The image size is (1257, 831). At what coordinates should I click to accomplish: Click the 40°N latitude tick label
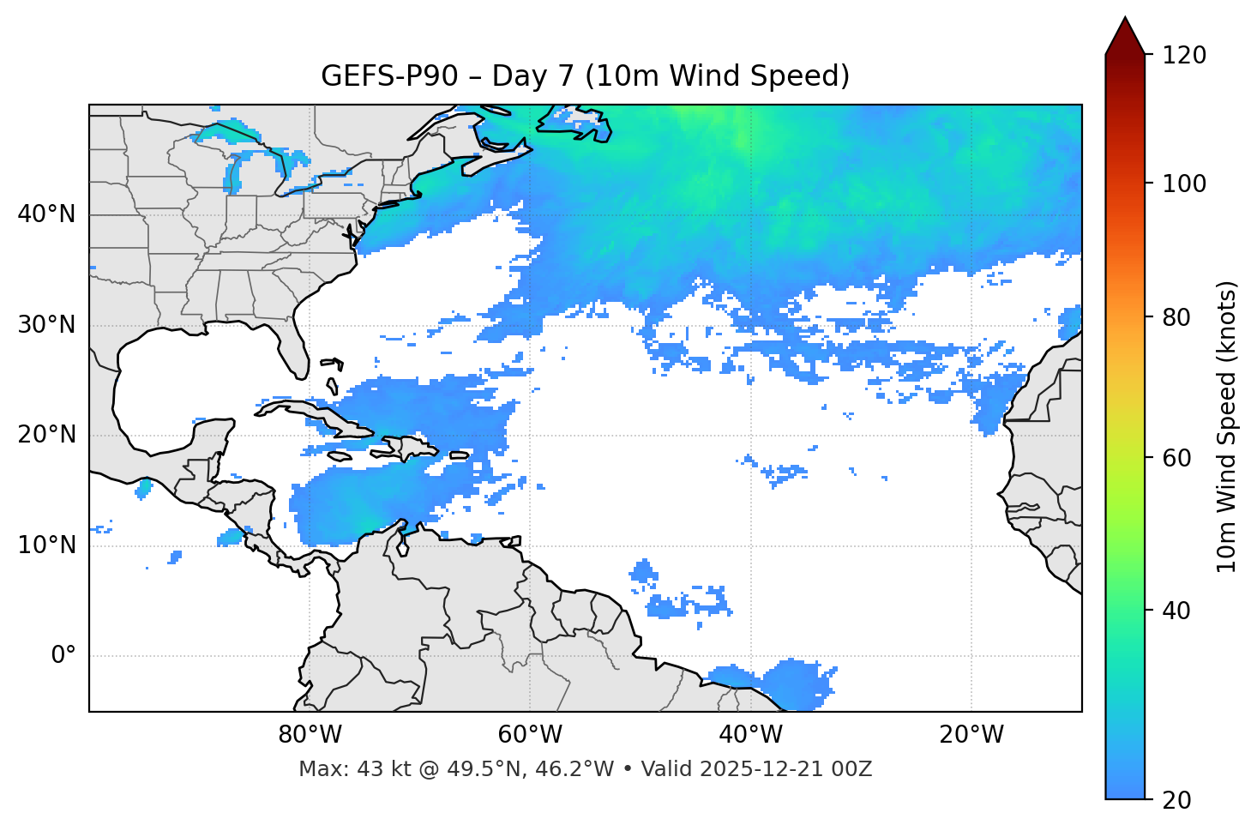[46, 214]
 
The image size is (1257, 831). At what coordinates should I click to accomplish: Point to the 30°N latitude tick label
[46, 325]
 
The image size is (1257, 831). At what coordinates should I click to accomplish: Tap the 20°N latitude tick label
[46, 435]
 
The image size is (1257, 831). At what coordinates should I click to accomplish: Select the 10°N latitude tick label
[46, 545]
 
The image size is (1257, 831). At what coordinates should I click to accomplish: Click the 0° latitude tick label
[63, 656]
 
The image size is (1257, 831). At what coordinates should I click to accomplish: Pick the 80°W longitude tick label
[310, 735]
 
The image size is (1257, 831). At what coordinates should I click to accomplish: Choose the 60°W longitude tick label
[530, 735]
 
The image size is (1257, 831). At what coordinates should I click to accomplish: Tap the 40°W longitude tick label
[750, 735]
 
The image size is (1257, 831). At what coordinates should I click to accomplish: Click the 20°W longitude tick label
[971, 735]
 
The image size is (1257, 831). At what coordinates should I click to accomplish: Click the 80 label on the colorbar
[1176, 317]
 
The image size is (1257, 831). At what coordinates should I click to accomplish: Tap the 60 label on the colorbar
[1176, 458]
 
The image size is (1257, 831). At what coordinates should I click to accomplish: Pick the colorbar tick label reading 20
[1176, 800]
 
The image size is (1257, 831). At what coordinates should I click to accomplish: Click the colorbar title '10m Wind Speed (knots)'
[1227, 426]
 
